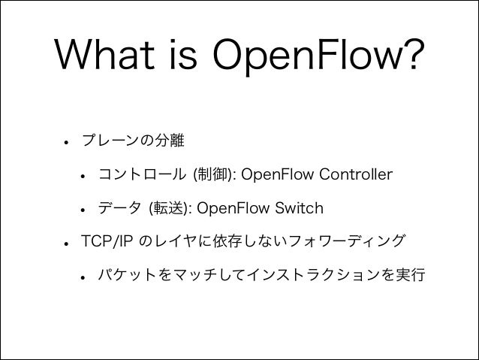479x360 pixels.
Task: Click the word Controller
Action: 350,175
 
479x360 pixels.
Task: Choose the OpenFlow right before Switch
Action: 233,208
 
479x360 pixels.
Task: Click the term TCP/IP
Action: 107,241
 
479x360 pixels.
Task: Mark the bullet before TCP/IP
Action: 66,242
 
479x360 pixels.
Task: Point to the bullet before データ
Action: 80,209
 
